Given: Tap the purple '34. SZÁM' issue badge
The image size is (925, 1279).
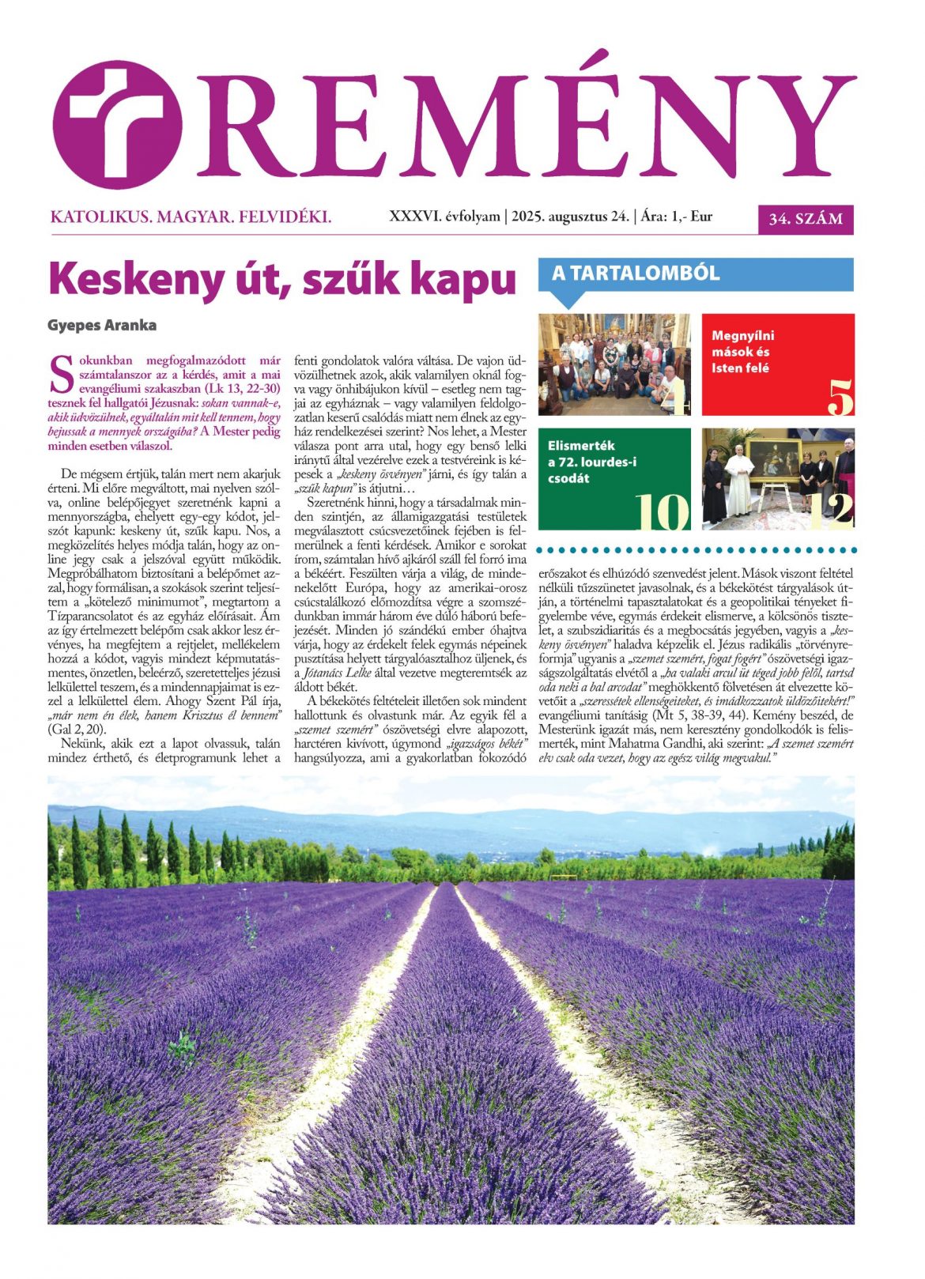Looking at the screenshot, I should click(x=806, y=219).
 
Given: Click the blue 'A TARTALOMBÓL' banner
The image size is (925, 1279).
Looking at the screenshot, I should click(x=696, y=274).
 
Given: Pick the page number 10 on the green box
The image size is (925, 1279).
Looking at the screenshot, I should click(x=663, y=512).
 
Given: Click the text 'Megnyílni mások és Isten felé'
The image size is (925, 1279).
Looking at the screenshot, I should click(x=743, y=352).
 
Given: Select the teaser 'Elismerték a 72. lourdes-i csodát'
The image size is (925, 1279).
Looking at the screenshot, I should click(x=592, y=462).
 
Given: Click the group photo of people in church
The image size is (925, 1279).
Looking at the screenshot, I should click(x=614, y=364).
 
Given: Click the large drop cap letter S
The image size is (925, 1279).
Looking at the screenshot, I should click(x=62, y=375).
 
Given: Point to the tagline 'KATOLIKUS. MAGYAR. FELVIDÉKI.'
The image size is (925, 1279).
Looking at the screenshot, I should click(x=191, y=217).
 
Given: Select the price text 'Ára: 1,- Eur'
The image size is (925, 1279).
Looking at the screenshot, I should click(x=677, y=216).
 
